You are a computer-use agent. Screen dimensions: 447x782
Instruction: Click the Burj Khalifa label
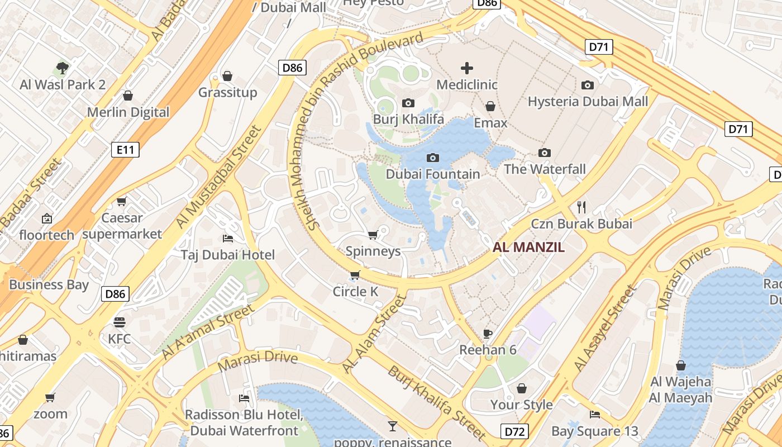pos(408,119)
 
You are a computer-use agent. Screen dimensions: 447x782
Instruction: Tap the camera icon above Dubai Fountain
pos(432,158)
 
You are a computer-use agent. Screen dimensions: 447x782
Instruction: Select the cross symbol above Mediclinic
pos(466,69)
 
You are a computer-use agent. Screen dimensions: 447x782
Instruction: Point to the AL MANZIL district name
pos(528,247)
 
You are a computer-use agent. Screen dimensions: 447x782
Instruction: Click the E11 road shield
pos(125,150)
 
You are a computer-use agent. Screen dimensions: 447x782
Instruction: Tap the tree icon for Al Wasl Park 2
pos(63,68)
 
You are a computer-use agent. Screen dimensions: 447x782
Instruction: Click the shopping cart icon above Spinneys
pos(373,235)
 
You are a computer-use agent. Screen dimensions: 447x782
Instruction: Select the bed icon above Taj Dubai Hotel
pos(228,239)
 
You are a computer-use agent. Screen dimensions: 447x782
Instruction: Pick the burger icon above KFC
pos(119,322)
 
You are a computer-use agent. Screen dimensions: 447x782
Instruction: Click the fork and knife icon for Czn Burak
pos(581,207)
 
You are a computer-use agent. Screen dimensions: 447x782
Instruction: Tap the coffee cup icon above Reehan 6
pos(488,334)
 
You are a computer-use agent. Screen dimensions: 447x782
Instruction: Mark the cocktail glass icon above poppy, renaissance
pos(393,426)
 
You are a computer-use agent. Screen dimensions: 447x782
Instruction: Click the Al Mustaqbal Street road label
pos(218,176)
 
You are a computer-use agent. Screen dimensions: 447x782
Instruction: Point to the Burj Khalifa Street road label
pos(436,403)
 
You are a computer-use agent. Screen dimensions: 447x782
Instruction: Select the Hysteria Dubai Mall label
pos(588,101)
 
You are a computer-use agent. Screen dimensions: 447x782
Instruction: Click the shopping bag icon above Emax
pos(490,106)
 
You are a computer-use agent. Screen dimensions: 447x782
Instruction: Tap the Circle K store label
pos(355,291)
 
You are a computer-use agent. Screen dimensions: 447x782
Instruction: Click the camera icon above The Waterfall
pos(545,153)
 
